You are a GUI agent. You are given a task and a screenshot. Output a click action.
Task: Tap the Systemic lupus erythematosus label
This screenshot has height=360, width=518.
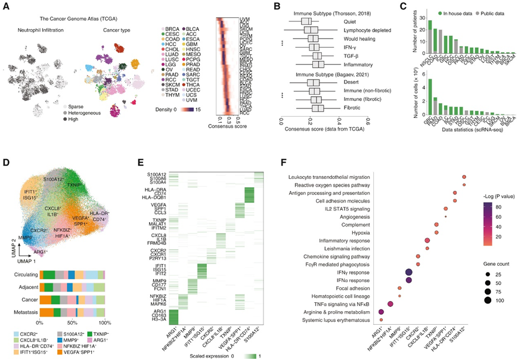pos(340,320)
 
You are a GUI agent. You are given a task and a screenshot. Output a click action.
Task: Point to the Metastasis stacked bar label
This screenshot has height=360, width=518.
pos(23,311)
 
